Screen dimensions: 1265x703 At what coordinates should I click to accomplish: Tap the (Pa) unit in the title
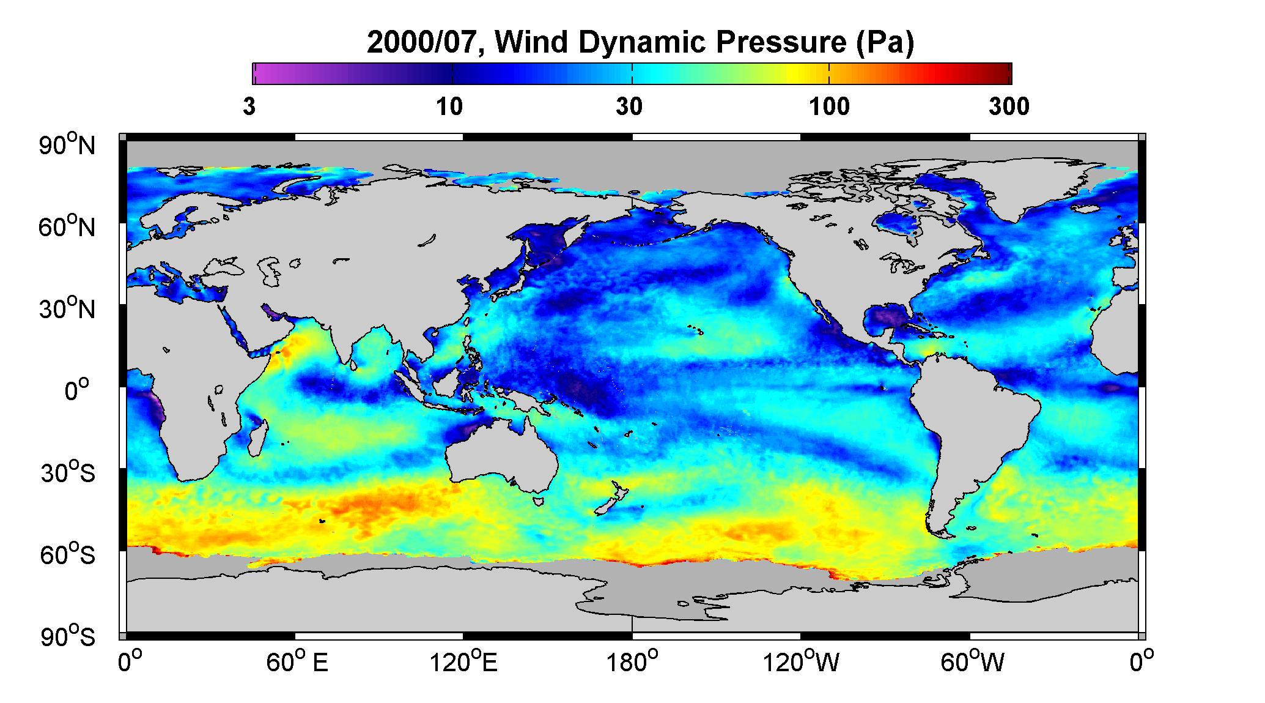click(884, 44)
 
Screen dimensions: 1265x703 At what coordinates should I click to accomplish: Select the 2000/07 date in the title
click(426, 44)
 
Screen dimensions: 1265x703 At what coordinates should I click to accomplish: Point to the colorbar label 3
click(249, 107)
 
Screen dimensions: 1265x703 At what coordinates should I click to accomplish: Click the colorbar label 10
click(449, 107)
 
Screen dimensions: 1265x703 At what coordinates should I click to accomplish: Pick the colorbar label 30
click(629, 107)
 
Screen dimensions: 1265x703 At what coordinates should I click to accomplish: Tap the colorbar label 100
click(829, 107)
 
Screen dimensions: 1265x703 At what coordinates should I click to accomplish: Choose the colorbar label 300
click(1009, 107)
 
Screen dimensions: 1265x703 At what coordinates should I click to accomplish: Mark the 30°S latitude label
click(68, 473)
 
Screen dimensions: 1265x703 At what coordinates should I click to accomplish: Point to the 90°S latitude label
click(68, 637)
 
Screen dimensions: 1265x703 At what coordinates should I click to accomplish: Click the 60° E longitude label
click(297, 662)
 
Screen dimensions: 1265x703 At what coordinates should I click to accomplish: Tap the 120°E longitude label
click(463, 662)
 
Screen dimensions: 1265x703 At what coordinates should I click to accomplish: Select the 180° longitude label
click(632, 662)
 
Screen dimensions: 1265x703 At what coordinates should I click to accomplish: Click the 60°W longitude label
click(971, 662)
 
